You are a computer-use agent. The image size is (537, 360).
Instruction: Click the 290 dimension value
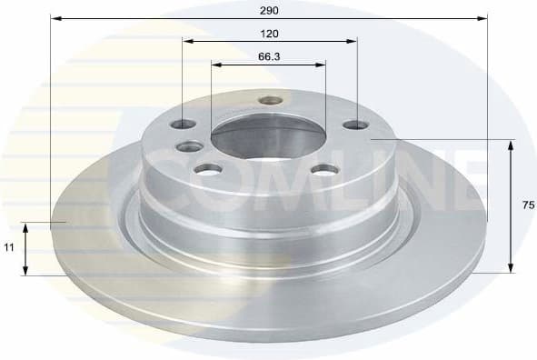[x=268, y=10]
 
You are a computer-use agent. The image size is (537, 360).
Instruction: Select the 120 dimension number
[x=269, y=34]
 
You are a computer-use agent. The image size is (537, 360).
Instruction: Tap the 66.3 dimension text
[x=268, y=56]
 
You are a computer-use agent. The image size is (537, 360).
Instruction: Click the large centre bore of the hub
[x=268, y=139]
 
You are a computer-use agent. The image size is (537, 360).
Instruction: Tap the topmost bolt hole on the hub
[x=270, y=100]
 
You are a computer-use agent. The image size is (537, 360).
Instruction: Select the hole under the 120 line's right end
[x=355, y=125]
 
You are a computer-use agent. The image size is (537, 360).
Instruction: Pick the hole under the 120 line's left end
[x=183, y=125]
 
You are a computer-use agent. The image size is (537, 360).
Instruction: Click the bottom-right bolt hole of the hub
[x=323, y=168]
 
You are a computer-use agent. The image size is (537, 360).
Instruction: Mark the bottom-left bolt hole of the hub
[x=209, y=169]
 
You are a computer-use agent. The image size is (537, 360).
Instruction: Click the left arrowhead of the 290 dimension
[x=55, y=17]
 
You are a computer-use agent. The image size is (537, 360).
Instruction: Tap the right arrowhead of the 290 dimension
[x=483, y=17]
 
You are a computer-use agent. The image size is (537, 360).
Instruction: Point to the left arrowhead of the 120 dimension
[x=186, y=41]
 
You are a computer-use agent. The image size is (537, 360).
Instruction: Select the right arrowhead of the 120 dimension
[x=352, y=41]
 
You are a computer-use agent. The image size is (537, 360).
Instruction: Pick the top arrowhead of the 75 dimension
[x=512, y=145]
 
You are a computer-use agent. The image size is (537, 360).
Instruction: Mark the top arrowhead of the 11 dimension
[x=26, y=226]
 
